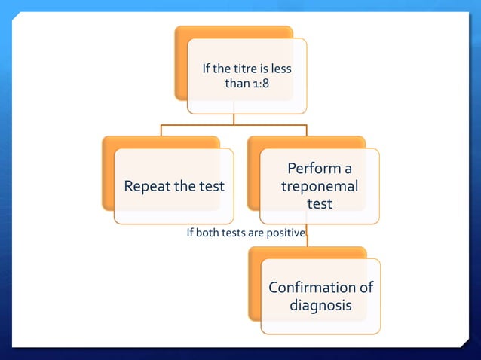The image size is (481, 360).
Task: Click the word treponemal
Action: (320, 186)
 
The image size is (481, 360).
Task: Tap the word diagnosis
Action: (320, 306)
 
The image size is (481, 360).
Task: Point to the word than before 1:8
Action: (237, 83)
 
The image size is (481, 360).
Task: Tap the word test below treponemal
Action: (320, 203)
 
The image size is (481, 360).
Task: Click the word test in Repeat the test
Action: (211, 186)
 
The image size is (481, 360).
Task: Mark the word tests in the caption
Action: (239, 233)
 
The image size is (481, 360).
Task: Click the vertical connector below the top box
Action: (234, 118)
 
